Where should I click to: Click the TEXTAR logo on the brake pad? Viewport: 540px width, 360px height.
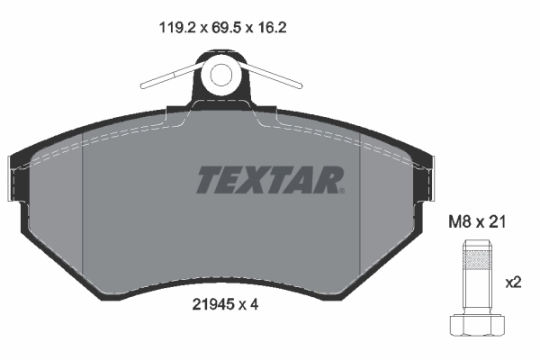point(269,180)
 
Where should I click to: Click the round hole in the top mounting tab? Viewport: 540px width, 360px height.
point(220,76)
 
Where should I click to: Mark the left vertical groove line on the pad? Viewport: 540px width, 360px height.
point(83,207)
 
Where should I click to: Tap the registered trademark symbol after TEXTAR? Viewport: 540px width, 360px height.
point(340,189)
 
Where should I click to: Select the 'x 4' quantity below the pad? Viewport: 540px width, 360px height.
point(251,304)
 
